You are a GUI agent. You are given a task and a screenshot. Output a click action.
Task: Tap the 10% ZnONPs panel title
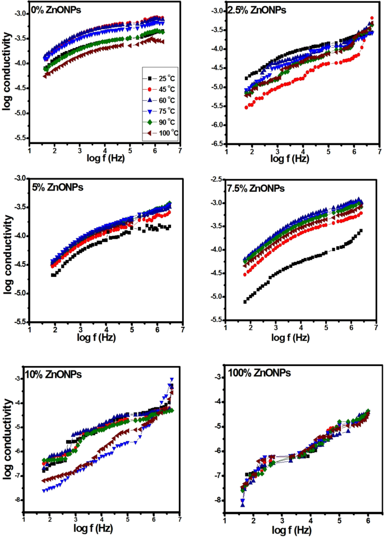[54, 374]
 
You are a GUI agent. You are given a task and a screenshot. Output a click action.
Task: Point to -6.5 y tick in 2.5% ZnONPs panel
[215, 145]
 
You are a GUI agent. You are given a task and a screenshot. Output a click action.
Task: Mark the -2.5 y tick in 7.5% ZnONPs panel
[215, 179]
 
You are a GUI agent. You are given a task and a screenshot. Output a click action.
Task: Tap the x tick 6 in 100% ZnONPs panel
[368, 521]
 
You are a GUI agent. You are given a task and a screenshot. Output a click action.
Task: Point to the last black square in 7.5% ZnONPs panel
[360, 231]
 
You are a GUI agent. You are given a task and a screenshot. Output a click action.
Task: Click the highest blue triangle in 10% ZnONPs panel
[172, 380]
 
